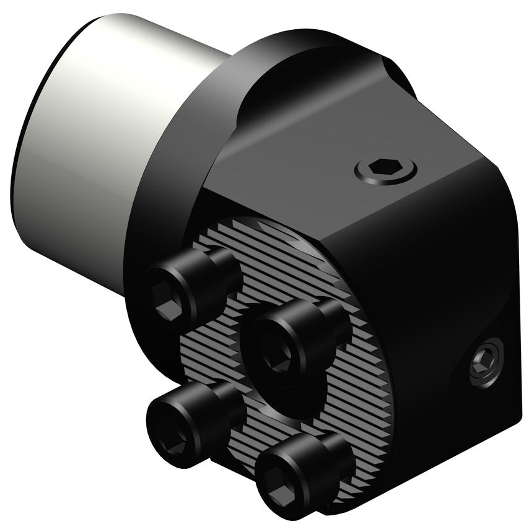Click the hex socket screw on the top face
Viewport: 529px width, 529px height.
[x=385, y=168]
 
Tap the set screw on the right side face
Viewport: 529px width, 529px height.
[x=484, y=362]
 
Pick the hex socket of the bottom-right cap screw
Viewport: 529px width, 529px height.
[x=279, y=485]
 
